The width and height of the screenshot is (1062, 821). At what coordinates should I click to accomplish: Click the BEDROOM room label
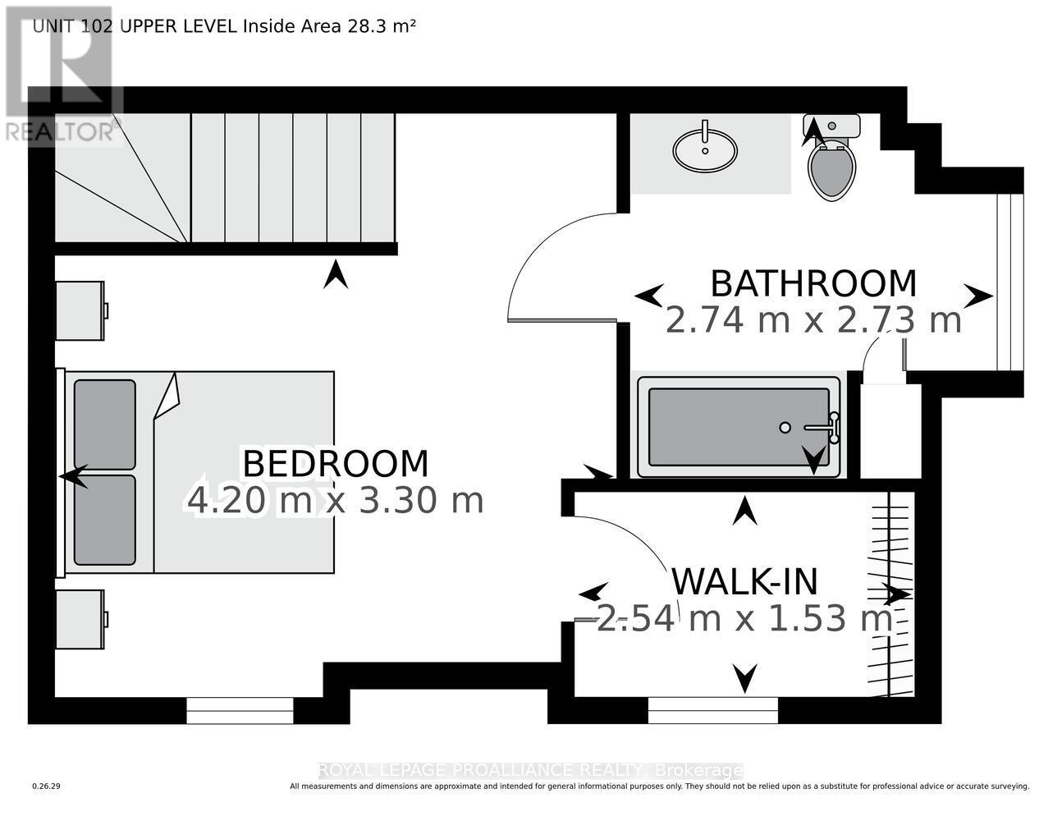[335, 464]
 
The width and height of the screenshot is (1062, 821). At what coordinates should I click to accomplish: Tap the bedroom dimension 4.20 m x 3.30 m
[335, 500]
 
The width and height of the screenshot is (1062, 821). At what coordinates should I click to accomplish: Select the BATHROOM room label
[813, 284]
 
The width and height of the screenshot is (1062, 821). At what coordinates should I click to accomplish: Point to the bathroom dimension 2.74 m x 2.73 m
[813, 320]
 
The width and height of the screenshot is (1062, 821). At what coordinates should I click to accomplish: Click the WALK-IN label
[744, 581]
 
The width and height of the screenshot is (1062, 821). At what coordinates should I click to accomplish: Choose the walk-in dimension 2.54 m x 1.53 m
[744, 618]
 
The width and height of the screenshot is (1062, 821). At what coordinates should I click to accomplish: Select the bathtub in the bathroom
[739, 426]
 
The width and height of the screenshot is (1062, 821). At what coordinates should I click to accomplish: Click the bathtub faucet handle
[833, 427]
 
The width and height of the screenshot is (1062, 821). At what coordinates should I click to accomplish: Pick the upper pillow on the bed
[104, 424]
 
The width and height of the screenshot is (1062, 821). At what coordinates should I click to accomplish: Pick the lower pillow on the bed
[104, 520]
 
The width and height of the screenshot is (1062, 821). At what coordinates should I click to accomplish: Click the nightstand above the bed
[80, 310]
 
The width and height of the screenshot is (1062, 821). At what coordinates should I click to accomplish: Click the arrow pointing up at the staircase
[335, 274]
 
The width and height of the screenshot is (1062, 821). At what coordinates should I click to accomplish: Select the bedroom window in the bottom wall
[240, 710]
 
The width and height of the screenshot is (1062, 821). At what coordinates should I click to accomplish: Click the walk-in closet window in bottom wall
[712, 710]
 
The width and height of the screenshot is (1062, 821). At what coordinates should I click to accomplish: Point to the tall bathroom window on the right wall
[1009, 282]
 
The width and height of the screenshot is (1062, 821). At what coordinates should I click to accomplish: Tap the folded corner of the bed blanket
[167, 396]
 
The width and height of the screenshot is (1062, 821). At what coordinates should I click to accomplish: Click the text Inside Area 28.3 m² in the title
[328, 25]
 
